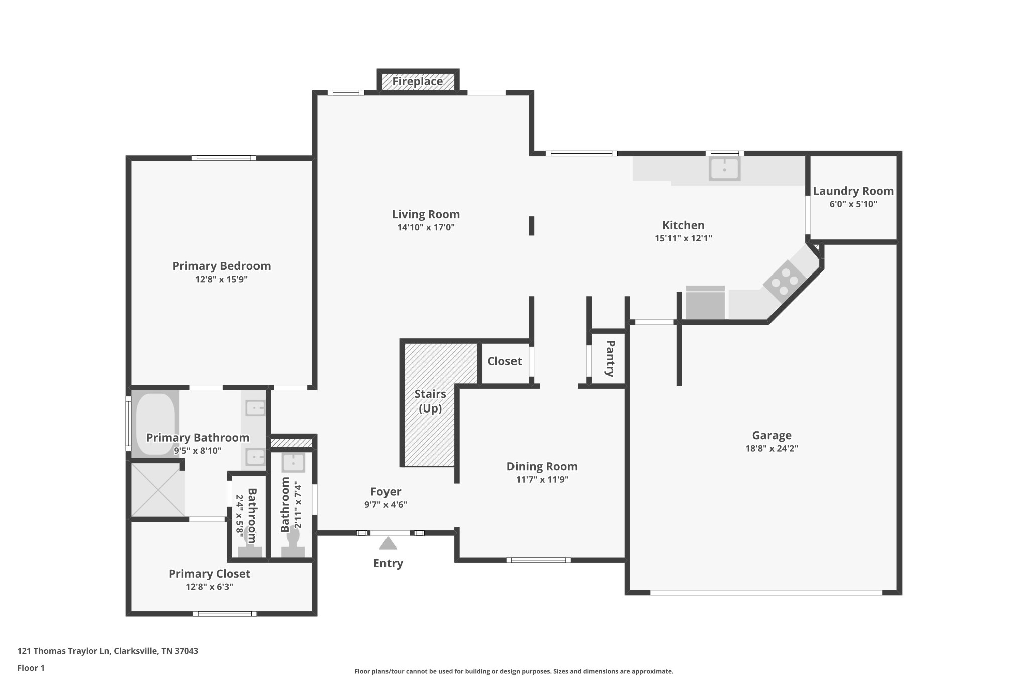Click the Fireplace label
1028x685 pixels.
click(417, 81)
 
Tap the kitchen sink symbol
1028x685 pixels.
click(724, 169)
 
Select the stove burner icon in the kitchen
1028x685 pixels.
click(784, 282)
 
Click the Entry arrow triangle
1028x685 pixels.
click(388, 543)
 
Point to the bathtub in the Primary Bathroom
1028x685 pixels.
click(155, 424)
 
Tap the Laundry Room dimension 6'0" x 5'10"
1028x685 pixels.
click(853, 204)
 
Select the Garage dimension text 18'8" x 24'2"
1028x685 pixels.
click(772, 448)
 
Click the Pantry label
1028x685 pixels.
click(610, 358)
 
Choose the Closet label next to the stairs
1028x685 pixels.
click(504, 361)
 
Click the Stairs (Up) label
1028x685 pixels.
click(430, 401)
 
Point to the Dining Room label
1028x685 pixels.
click(542, 466)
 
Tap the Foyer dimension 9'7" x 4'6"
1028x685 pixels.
click(385, 505)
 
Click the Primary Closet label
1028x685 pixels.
click(209, 574)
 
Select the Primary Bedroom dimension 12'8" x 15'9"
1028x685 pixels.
click(221, 279)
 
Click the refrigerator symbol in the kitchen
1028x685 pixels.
click(705, 303)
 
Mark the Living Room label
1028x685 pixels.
click(426, 214)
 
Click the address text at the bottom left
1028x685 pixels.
click(107, 651)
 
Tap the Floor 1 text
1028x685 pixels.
click(31, 668)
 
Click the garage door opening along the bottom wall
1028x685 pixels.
click(765, 593)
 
